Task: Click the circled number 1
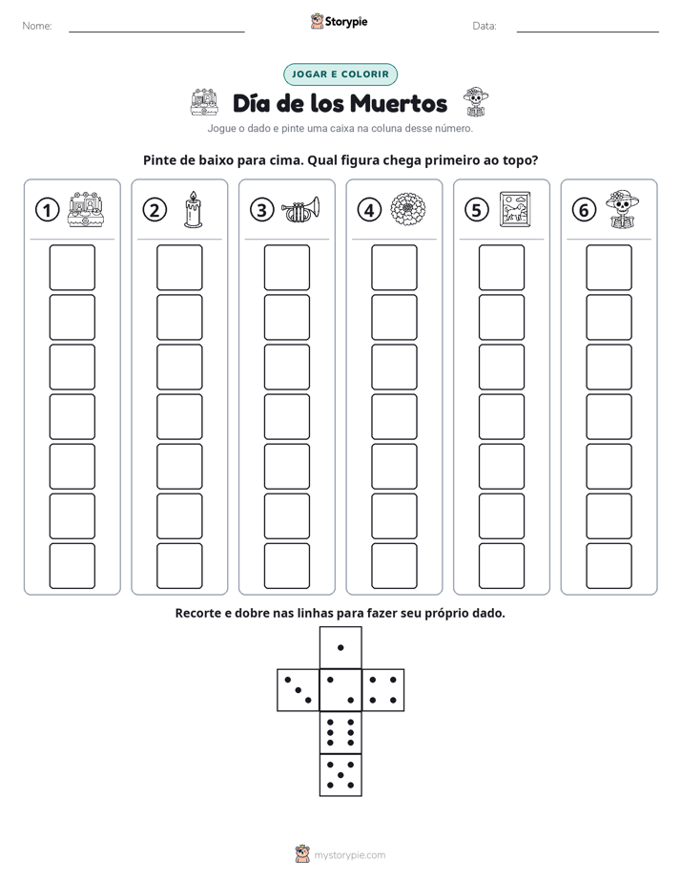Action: click(47, 210)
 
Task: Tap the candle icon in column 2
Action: click(194, 209)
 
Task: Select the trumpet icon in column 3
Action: click(300, 209)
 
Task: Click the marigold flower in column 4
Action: click(408, 209)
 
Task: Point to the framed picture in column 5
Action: click(515, 209)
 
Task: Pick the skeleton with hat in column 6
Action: click(623, 209)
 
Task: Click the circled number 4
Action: click(369, 210)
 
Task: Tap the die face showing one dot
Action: click(340, 648)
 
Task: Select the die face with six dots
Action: click(340, 732)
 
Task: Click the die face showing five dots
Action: click(340, 775)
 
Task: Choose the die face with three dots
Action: click(299, 690)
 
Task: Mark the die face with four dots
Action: click(383, 690)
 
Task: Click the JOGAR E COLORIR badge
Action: click(340, 74)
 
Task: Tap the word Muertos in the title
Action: click(400, 103)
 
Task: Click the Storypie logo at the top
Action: click(339, 21)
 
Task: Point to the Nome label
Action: click(37, 26)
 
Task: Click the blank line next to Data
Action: click(588, 31)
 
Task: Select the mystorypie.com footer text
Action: click(349, 855)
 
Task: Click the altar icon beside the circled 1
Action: click(86, 209)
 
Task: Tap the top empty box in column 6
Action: click(609, 267)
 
